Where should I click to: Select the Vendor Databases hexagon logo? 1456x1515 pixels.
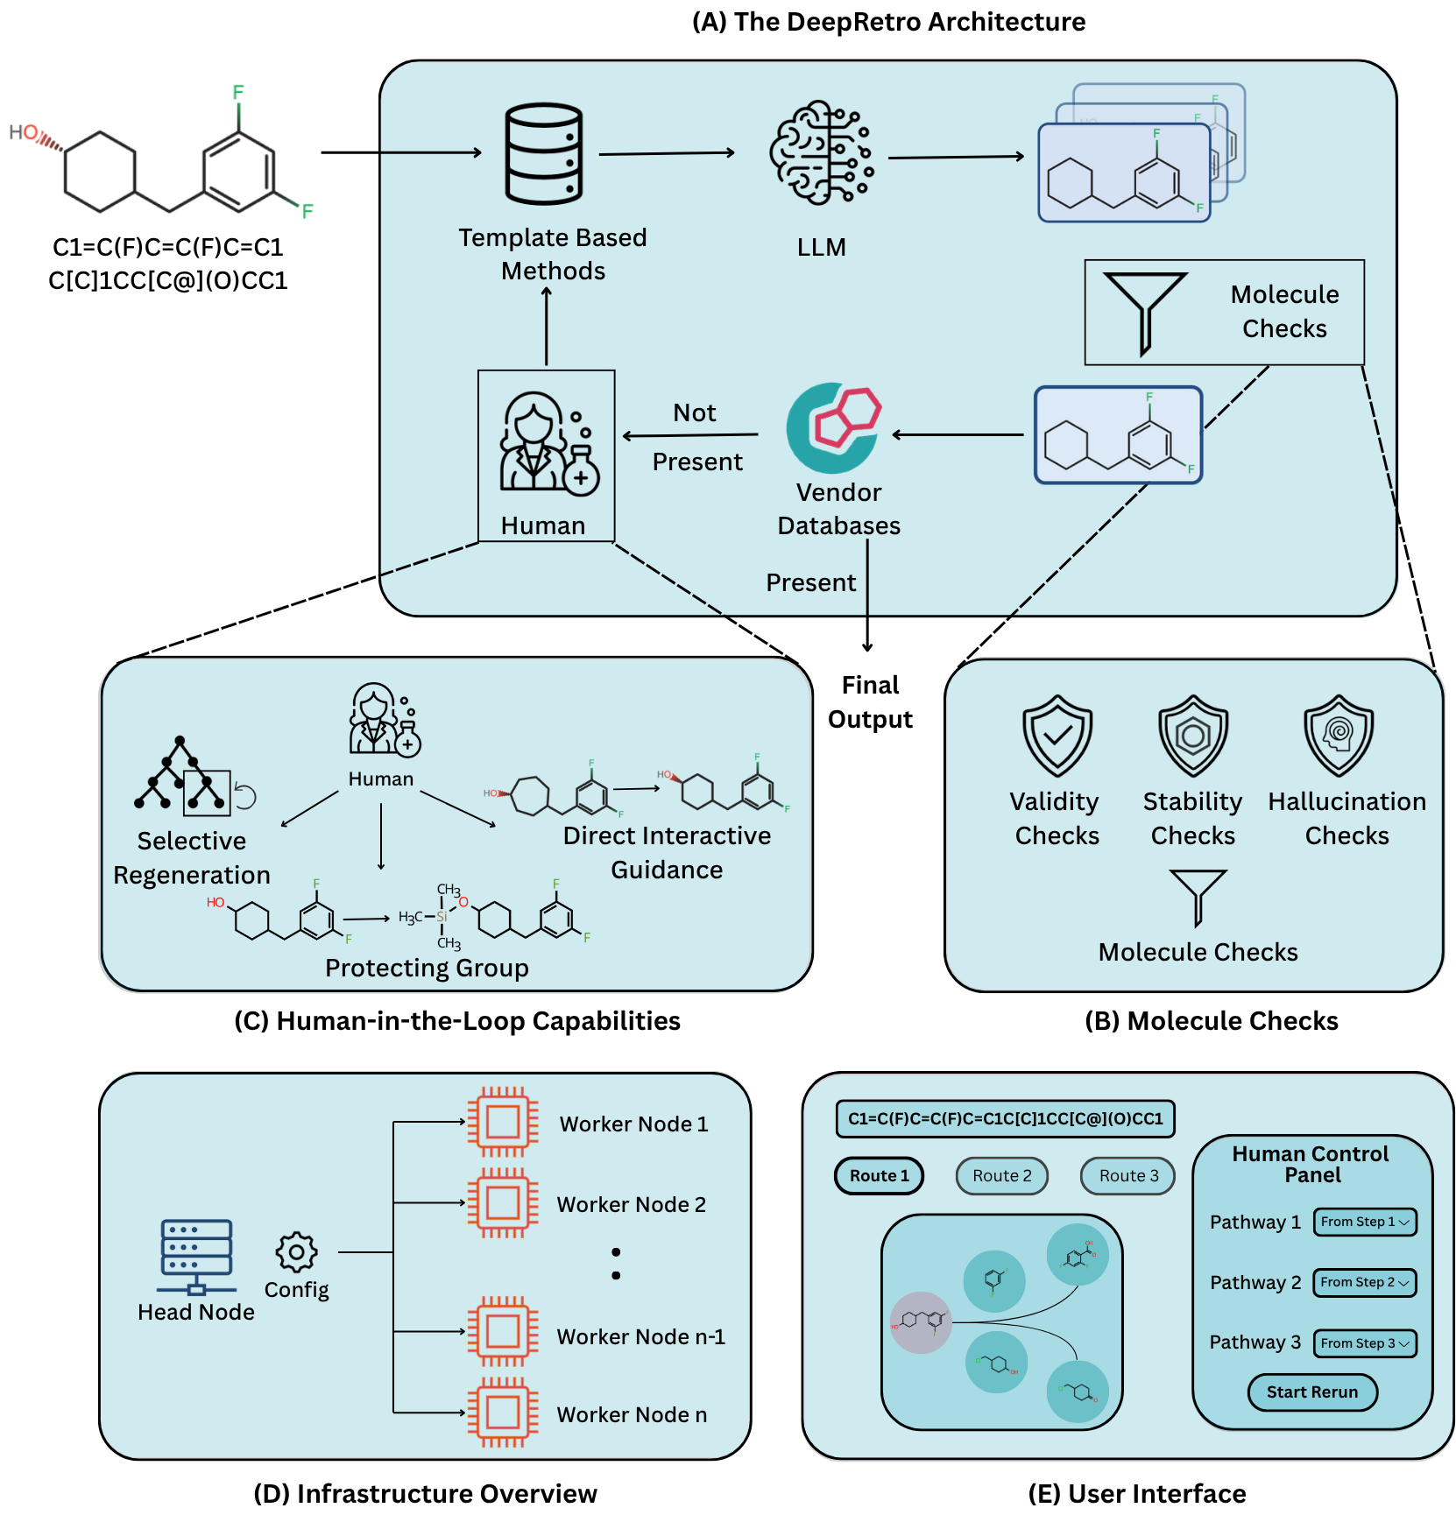(x=834, y=428)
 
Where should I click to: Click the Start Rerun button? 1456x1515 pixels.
(x=1311, y=1392)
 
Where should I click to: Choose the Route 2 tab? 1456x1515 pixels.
(x=1001, y=1176)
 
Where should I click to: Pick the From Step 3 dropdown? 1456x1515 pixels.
(x=1364, y=1343)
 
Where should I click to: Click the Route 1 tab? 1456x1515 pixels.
(x=879, y=1176)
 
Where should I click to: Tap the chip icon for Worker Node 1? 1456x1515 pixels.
(x=502, y=1122)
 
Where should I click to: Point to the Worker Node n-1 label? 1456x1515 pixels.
(x=640, y=1337)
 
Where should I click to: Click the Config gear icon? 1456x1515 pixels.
(x=296, y=1252)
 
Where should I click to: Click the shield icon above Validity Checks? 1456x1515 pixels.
(x=1057, y=736)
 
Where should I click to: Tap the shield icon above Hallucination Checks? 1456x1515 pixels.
(x=1338, y=736)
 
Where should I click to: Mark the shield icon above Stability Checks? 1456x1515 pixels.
(x=1192, y=736)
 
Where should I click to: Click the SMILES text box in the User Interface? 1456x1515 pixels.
(x=1005, y=1119)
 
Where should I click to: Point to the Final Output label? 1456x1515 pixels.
(x=870, y=702)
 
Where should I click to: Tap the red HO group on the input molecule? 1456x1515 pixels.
(x=24, y=133)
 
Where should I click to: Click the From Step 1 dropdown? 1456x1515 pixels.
(x=1364, y=1222)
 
